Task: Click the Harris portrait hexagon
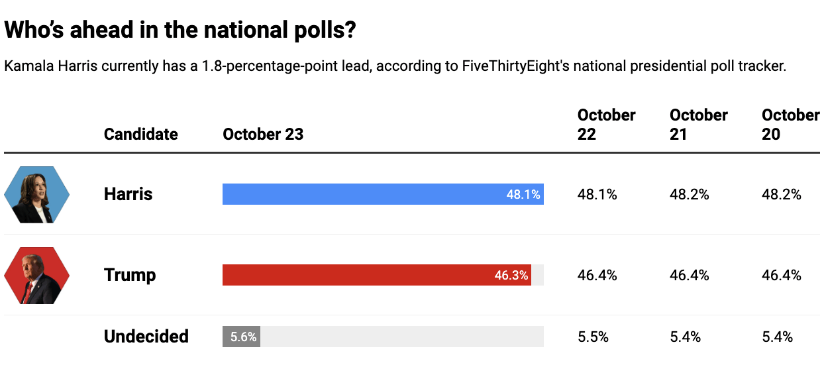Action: tap(37, 194)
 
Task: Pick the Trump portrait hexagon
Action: tap(37, 275)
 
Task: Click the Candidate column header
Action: tap(140, 134)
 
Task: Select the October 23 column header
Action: tap(263, 134)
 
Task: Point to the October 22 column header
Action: tap(606, 125)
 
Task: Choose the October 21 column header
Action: tap(698, 125)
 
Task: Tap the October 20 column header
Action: tap(790, 125)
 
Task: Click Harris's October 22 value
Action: tap(597, 195)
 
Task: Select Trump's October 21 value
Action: tap(690, 276)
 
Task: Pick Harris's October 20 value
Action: tap(782, 195)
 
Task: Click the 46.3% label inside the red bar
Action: tap(511, 276)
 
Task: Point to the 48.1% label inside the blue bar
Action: tap(523, 195)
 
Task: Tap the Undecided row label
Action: tap(146, 337)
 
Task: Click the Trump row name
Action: tap(130, 275)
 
